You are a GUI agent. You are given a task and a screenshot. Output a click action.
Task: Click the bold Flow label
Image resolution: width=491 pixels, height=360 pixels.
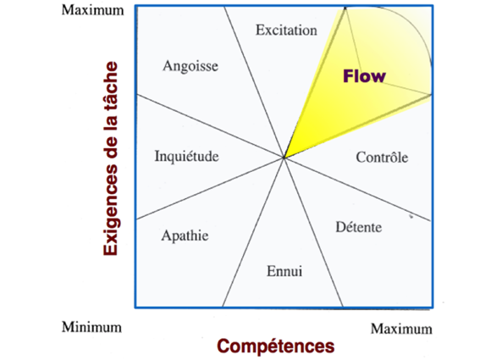pyautogui.click(x=364, y=76)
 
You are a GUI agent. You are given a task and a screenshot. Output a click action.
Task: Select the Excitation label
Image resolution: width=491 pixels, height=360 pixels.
pyautogui.click(x=286, y=30)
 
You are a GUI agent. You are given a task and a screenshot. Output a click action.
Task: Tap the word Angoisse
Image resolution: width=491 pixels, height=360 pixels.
pyautogui.click(x=190, y=66)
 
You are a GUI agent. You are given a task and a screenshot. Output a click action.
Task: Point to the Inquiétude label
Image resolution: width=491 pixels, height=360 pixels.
pyautogui.click(x=186, y=156)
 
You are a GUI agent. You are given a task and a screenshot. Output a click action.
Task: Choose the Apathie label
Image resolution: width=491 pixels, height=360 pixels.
pyautogui.click(x=185, y=235)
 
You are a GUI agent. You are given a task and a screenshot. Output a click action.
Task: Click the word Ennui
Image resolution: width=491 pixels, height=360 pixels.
pyautogui.click(x=284, y=271)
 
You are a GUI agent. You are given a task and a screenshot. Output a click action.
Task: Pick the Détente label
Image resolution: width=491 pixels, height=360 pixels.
pyautogui.click(x=359, y=227)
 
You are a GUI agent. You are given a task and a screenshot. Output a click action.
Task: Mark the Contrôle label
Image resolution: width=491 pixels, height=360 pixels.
pyautogui.click(x=382, y=157)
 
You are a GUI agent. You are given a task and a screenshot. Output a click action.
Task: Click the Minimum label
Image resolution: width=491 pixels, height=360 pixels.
pyautogui.click(x=91, y=327)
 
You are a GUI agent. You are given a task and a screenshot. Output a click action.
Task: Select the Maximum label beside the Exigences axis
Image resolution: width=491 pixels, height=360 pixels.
pyautogui.click(x=92, y=10)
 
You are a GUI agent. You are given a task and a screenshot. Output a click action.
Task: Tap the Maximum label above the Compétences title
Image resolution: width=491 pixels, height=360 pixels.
pyautogui.click(x=401, y=329)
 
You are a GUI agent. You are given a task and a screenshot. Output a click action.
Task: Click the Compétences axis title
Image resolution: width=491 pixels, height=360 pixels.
pyautogui.click(x=276, y=346)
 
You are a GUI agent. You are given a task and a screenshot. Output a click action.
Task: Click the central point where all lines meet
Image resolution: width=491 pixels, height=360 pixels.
pyautogui.click(x=284, y=158)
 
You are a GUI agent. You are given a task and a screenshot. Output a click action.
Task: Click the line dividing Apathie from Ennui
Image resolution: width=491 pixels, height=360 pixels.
pyautogui.click(x=253, y=232)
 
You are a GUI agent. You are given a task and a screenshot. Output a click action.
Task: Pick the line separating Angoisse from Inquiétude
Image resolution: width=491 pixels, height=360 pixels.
pyautogui.click(x=211, y=125)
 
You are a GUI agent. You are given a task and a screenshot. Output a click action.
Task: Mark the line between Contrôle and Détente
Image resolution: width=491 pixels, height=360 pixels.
pyautogui.click(x=357, y=189)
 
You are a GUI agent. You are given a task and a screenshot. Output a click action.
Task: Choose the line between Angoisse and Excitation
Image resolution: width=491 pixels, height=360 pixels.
pyautogui.click(x=254, y=82)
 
